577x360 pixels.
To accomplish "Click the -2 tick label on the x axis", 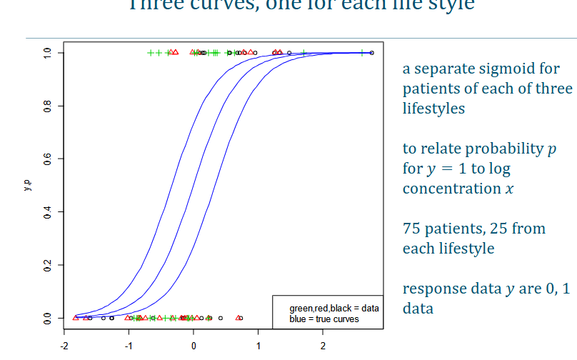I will pos(63,345).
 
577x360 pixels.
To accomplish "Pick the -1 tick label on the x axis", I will pos(128,345).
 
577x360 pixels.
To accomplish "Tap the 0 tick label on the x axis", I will pos(194,345).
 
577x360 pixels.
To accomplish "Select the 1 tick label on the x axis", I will pos(258,345).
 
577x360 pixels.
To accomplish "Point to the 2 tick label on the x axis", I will pos(323,345).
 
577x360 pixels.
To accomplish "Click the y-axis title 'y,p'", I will pos(27,185).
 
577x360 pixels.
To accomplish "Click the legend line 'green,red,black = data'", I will pos(333,308).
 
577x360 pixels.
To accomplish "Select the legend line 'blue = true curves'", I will pos(323,319).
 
